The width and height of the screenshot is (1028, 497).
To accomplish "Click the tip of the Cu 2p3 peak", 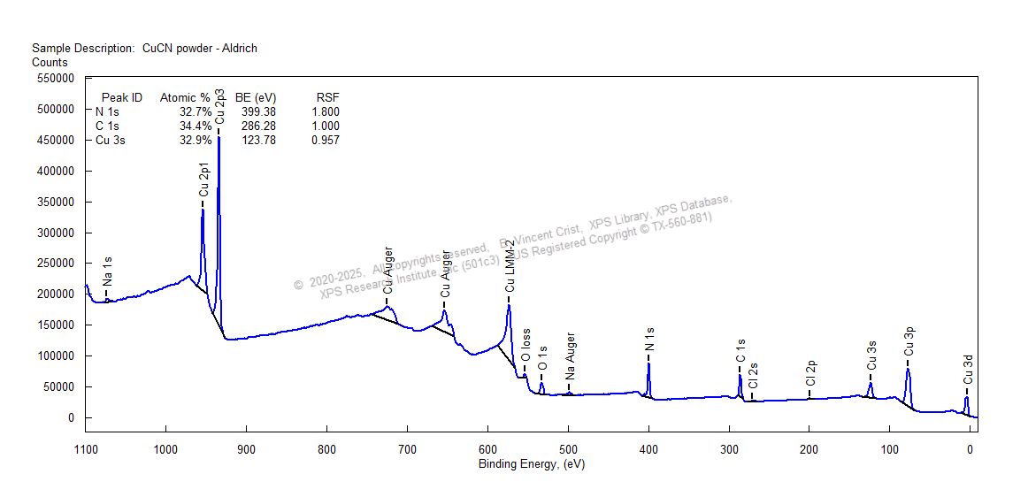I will [x=219, y=137].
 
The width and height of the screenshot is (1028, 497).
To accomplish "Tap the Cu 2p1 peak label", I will [x=203, y=179].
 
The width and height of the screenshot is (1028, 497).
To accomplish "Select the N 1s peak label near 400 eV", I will [x=649, y=339].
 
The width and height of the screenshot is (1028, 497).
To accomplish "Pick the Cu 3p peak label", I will [x=909, y=340].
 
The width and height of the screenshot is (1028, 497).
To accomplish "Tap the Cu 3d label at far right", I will [x=967, y=370].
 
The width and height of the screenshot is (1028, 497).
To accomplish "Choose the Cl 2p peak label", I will [x=809, y=373].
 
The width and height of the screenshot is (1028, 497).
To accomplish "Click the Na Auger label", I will [x=570, y=356].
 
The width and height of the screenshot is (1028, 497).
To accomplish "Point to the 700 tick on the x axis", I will [x=407, y=449].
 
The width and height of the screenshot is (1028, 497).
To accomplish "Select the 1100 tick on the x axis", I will [x=85, y=449].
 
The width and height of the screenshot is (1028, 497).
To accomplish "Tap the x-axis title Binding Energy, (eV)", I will [x=531, y=464].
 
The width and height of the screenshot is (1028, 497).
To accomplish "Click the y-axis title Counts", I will [x=50, y=63].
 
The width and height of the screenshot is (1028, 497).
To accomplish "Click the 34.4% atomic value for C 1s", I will [x=195, y=126].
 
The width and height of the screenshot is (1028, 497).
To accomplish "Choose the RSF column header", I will [x=327, y=97].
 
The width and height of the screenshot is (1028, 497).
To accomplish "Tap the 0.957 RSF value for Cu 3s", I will [x=325, y=141].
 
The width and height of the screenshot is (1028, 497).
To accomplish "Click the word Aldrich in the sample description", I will [x=238, y=49].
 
